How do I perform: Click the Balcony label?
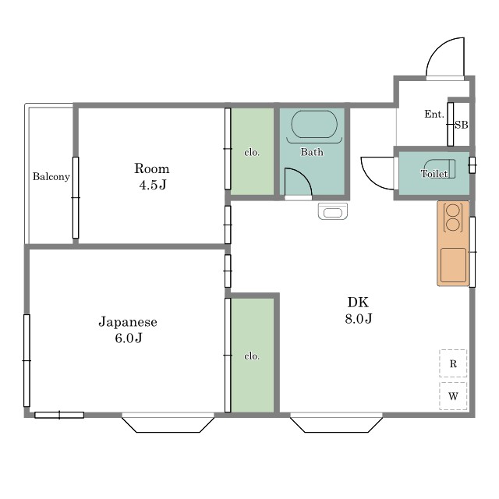[x=51, y=177]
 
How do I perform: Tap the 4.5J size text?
[x=153, y=185]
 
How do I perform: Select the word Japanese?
[x=128, y=322]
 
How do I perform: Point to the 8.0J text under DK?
[x=359, y=318]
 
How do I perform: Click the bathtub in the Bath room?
[x=314, y=125]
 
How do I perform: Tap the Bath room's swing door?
[x=298, y=182]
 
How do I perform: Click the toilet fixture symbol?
[x=440, y=168]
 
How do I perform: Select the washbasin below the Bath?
[x=333, y=211]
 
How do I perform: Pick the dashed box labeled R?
[x=453, y=363]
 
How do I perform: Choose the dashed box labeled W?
[x=453, y=396]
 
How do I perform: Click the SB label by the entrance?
[x=462, y=125]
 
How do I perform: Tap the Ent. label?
[x=434, y=114]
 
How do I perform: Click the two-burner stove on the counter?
[x=453, y=218]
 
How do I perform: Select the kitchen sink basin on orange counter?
[x=453, y=265]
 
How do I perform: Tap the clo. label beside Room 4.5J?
[x=252, y=153]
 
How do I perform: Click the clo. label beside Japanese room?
[x=252, y=356]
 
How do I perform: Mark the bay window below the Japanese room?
[x=168, y=423]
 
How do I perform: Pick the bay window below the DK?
[x=336, y=423]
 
